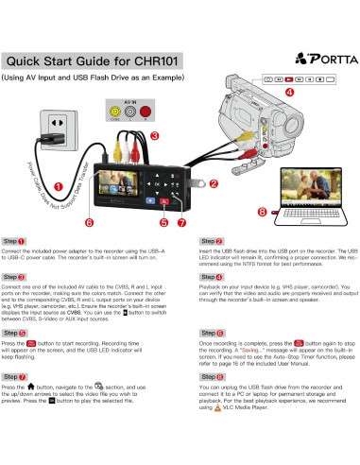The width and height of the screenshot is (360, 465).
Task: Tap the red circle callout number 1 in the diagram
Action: (x=59, y=186)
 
